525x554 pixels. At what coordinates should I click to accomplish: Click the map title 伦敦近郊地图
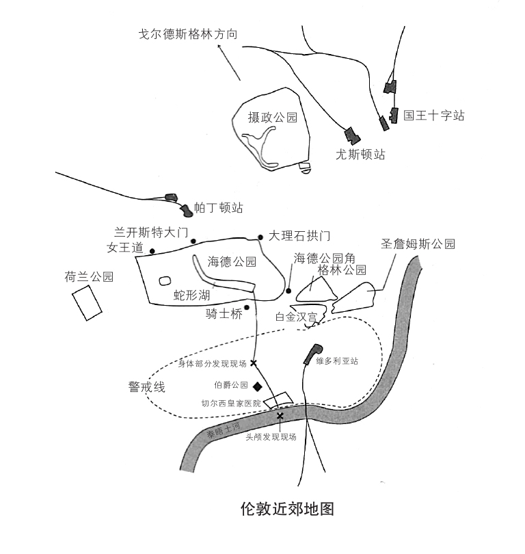coord(287,510)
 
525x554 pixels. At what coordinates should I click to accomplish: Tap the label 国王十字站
coord(433,116)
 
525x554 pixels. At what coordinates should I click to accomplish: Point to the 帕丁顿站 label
coord(219,208)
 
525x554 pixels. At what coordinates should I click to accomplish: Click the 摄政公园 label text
coord(273,118)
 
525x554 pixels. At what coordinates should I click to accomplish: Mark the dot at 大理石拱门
coord(260,237)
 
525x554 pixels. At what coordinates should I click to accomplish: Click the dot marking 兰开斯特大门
coord(193,241)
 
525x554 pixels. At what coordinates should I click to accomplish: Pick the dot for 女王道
coord(152,251)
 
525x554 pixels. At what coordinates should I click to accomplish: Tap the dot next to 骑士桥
coord(247,307)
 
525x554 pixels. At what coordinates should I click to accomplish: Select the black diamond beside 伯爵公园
coord(257,386)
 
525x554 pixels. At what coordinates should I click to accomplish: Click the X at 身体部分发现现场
coord(254,363)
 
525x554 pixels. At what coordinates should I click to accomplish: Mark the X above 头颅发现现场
coord(280,416)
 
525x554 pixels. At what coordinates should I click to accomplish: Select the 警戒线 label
coord(148,387)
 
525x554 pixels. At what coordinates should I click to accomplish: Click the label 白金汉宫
coord(295,317)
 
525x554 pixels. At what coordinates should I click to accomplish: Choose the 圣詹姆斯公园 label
coord(418,243)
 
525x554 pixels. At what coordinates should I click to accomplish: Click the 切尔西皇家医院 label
coord(230,404)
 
